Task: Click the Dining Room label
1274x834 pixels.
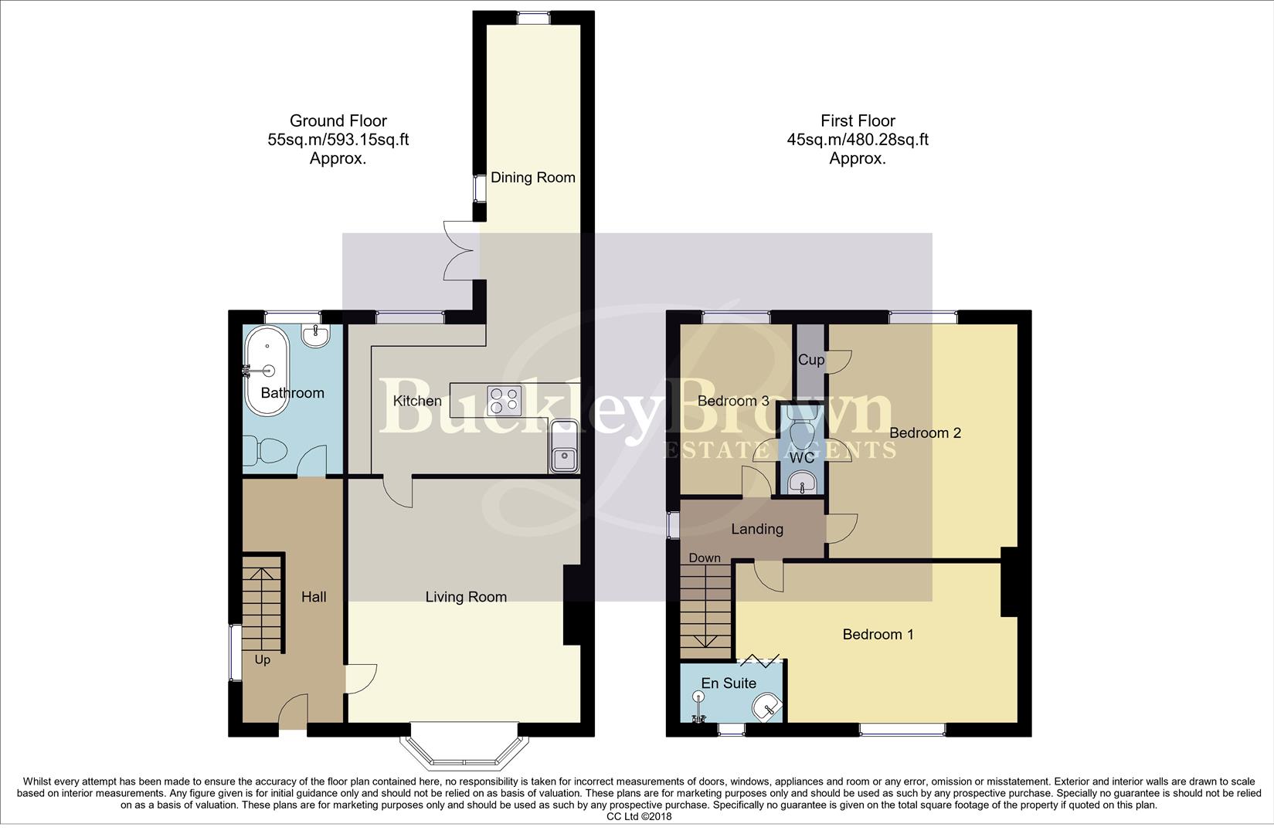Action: click(x=533, y=178)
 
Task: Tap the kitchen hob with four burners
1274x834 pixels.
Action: click(x=504, y=401)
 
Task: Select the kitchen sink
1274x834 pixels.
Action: click(x=566, y=448)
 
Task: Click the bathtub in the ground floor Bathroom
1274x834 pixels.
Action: click(x=267, y=371)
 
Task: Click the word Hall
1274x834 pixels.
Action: click(x=314, y=597)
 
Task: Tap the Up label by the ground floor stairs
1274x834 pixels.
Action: click(x=263, y=660)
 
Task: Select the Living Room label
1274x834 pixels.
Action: click(x=466, y=597)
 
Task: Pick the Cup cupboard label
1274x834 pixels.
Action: click(x=811, y=360)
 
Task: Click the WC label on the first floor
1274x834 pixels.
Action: click(x=801, y=458)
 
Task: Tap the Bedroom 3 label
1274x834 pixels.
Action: click(x=733, y=401)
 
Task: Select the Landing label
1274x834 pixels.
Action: click(x=757, y=529)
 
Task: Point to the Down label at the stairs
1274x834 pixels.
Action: click(x=704, y=558)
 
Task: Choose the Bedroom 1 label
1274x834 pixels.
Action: click(x=878, y=635)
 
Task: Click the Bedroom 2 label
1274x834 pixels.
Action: click(x=925, y=433)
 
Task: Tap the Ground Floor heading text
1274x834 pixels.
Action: click(x=338, y=121)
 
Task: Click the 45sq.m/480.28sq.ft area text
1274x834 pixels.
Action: click(x=858, y=140)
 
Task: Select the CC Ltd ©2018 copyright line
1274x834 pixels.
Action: click(x=639, y=816)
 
